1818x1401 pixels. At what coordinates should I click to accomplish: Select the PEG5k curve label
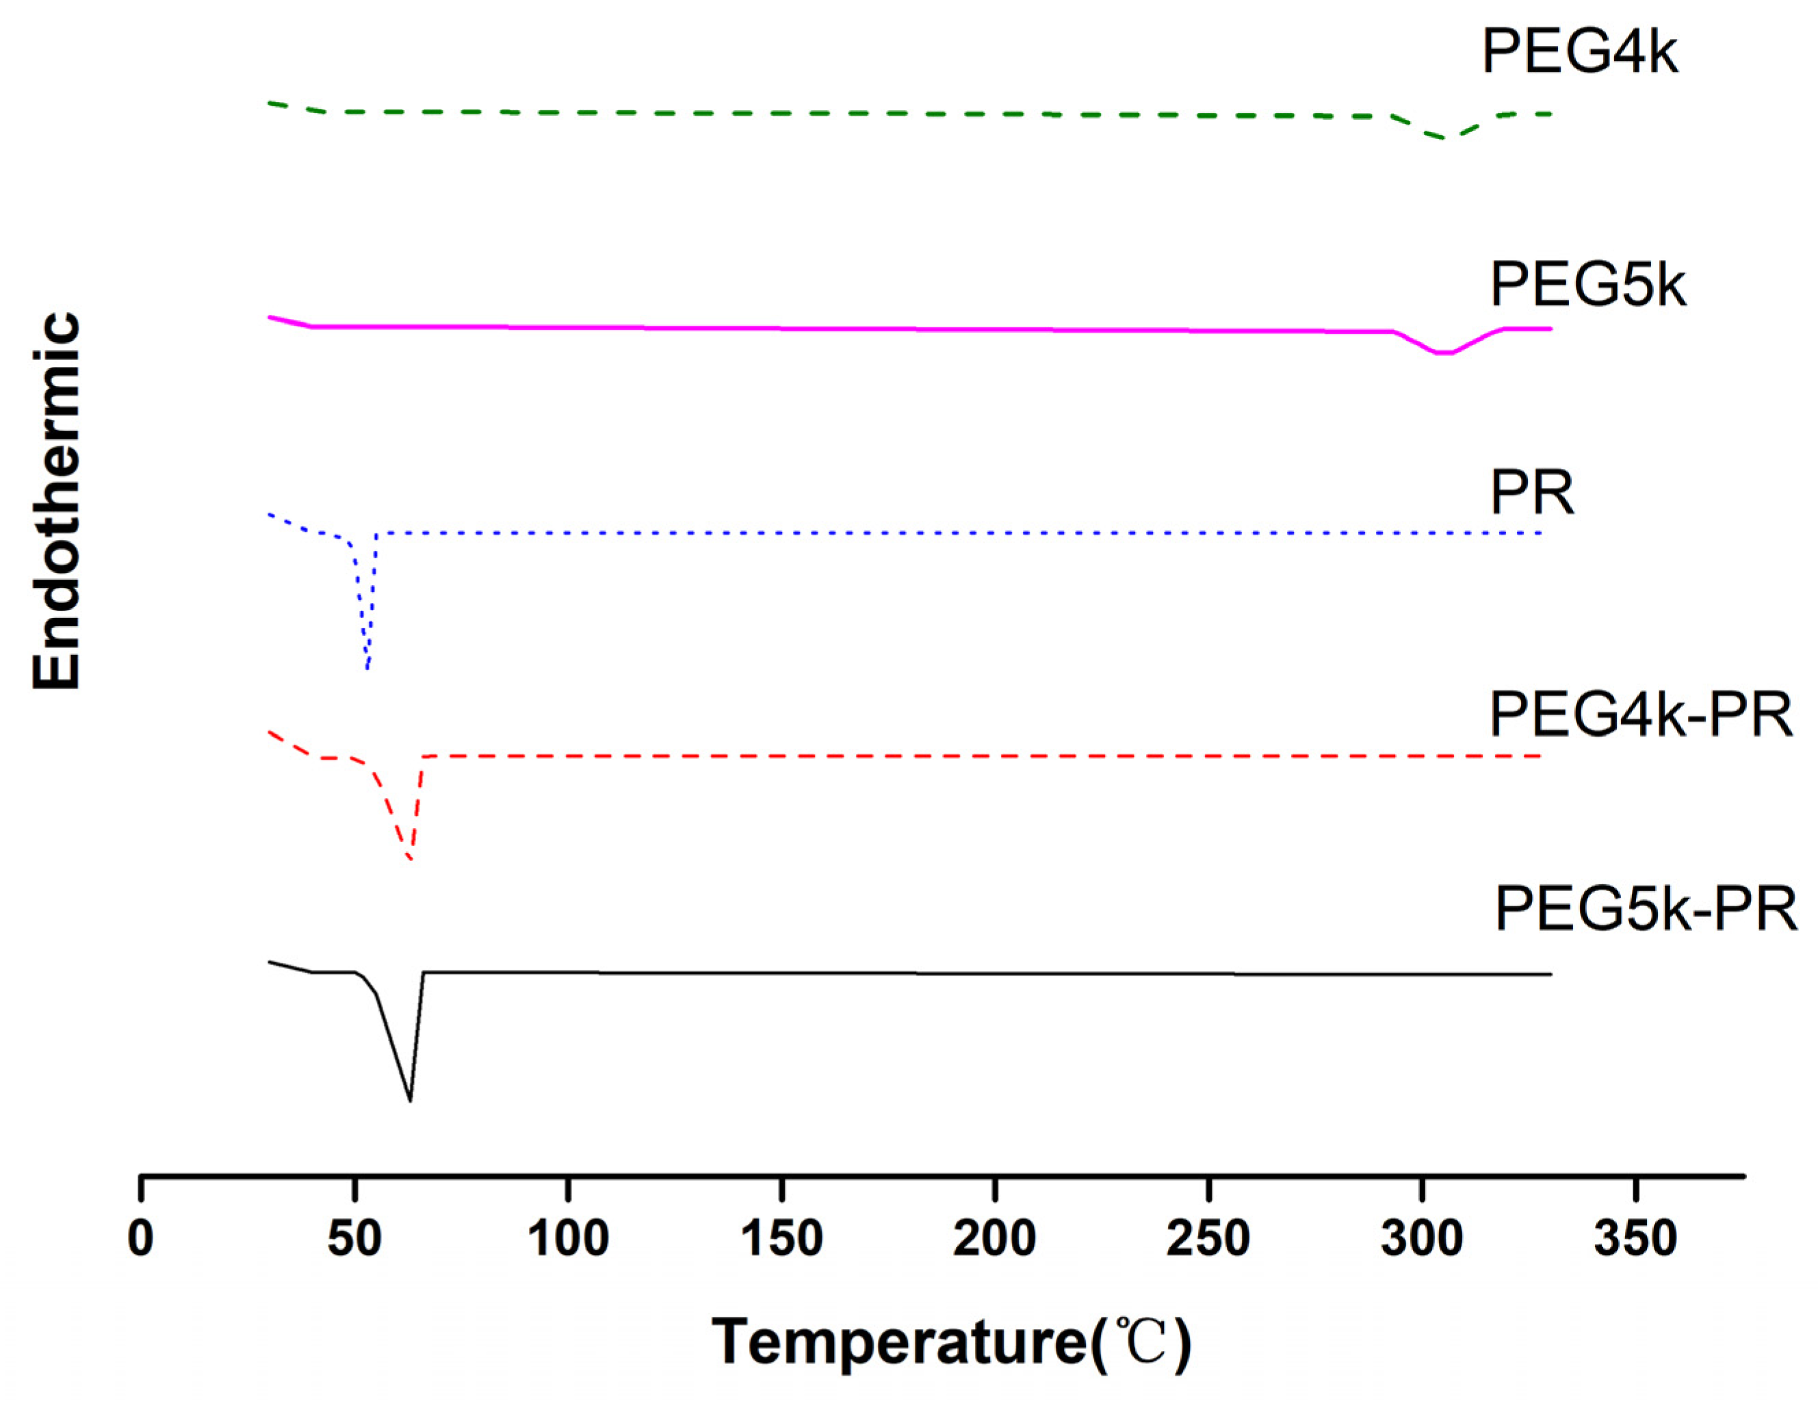point(1587,285)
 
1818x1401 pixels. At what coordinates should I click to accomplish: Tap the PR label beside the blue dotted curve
point(1531,493)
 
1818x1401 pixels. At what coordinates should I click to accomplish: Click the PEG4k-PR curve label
point(1640,715)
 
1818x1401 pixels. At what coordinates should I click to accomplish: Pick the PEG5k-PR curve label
point(1645,909)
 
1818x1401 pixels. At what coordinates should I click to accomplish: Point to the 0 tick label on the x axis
point(141,1238)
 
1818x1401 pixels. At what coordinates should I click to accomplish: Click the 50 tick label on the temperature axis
point(354,1238)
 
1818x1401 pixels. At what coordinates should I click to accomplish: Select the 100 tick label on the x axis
point(569,1238)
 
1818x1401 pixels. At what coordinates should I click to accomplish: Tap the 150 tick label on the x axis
point(781,1238)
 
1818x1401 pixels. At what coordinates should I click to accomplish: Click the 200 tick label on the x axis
point(995,1238)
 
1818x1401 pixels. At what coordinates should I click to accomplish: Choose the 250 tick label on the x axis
point(1208,1238)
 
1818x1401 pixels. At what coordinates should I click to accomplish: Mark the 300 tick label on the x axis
point(1422,1238)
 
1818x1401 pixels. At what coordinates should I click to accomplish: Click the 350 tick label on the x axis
point(1635,1238)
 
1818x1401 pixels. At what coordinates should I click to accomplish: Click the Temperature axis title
point(952,1342)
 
